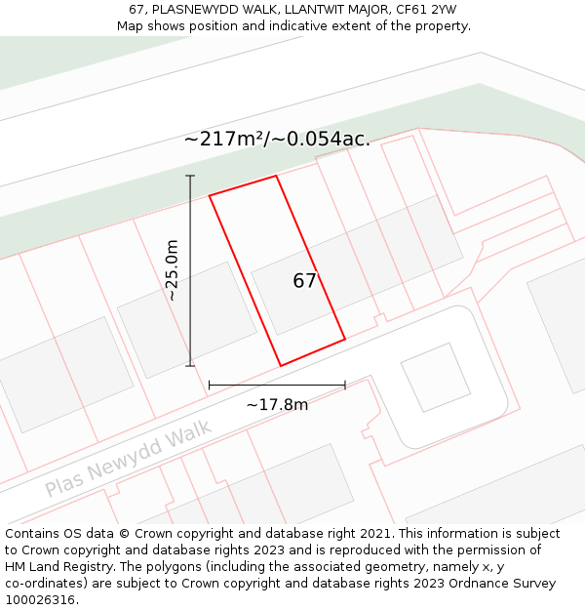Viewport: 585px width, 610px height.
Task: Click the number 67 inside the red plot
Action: pyautogui.click(x=304, y=281)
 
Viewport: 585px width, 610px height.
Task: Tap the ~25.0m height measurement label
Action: pyautogui.click(x=172, y=270)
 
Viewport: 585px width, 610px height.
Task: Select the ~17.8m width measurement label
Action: pyautogui.click(x=277, y=405)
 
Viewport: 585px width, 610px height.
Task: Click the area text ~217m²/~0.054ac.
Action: pyautogui.click(x=277, y=139)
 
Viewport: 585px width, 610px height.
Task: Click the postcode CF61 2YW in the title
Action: pyautogui.click(x=426, y=10)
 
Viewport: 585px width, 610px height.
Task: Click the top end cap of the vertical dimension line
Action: pyautogui.click(x=190, y=176)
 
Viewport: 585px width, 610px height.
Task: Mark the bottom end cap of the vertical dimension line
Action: pyautogui.click(x=190, y=366)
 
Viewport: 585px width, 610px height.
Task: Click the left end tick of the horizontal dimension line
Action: pyautogui.click(x=210, y=386)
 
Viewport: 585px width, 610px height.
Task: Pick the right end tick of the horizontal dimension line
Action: pyautogui.click(x=345, y=386)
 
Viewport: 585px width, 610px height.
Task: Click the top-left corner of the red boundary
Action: pyautogui.click(x=210, y=195)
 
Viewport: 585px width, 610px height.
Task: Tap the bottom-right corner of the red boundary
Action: pyautogui.click(x=345, y=340)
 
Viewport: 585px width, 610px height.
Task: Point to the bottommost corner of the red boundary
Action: pyautogui.click(x=281, y=366)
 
